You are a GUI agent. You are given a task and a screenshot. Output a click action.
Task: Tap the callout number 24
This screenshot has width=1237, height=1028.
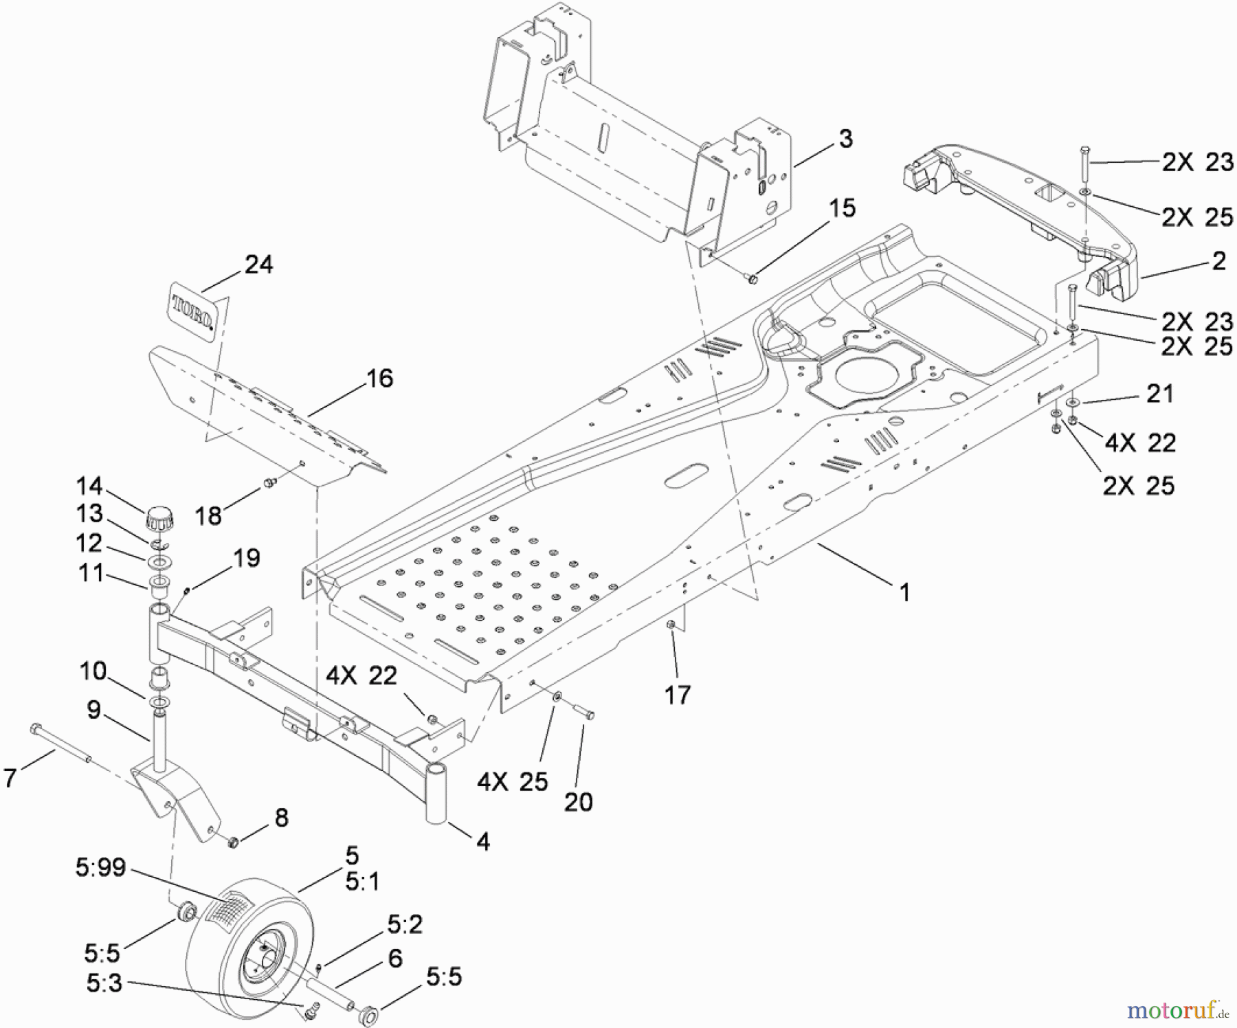(258, 265)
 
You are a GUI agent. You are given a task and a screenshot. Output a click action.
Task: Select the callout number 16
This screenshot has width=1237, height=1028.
(380, 379)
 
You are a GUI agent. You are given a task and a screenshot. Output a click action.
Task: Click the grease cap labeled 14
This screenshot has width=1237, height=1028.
(159, 517)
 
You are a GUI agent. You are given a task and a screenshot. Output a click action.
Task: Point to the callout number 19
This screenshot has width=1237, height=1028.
(247, 558)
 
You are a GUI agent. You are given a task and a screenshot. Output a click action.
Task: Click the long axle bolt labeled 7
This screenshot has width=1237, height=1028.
(60, 744)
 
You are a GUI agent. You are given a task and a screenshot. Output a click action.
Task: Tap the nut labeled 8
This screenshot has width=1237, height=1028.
(233, 841)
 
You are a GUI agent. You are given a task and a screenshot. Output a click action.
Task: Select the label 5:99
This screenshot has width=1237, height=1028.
(100, 868)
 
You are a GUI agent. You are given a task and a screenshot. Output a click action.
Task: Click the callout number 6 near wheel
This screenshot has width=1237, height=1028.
(394, 958)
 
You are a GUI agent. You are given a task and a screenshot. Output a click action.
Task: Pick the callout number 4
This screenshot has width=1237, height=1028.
(483, 842)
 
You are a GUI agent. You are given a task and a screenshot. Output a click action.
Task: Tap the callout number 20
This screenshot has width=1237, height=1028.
(578, 802)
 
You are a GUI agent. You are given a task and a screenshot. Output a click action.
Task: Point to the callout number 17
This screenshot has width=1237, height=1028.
(677, 695)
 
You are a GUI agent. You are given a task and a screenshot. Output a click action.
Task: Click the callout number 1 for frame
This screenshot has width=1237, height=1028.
(904, 592)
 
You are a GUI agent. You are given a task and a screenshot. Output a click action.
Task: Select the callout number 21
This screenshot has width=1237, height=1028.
(1160, 394)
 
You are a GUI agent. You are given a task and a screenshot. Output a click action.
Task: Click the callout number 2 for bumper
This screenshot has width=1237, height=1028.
(1218, 261)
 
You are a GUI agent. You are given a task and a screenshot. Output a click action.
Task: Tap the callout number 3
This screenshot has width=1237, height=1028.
(845, 139)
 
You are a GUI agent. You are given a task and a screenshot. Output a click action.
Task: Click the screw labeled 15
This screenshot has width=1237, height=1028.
(752, 279)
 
